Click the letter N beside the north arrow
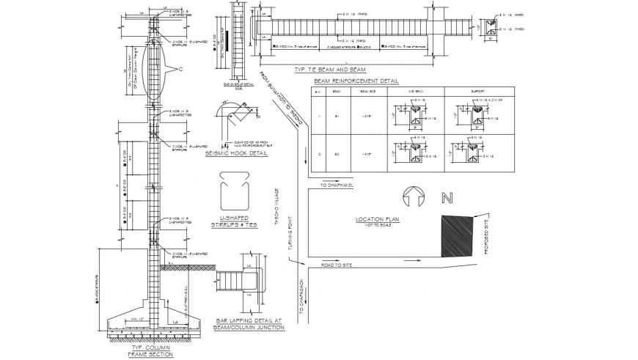pyautogui.click(x=444, y=197)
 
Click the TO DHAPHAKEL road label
pyautogui.click(x=337, y=185)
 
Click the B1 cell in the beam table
pyautogui.click(x=337, y=116)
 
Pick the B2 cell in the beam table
pyautogui.click(x=337, y=154)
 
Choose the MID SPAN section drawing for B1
pyautogui.click(x=415, y=116)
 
